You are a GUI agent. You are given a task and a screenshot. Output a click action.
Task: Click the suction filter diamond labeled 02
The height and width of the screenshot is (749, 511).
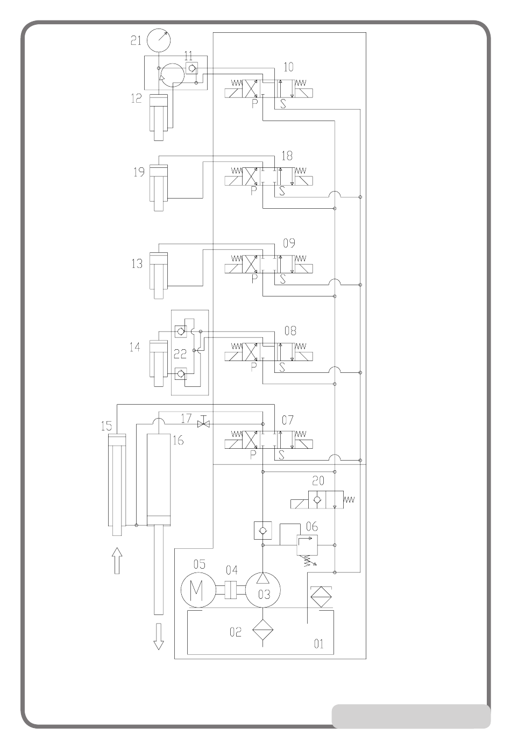coord(262,630)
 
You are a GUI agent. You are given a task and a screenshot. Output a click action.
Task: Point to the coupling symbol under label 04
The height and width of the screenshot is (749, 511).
coord(231,590)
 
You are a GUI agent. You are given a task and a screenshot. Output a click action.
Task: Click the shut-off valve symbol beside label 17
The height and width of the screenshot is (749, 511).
coord(203,424)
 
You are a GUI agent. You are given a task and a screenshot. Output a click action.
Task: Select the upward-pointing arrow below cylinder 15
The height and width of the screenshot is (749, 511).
coord(117,560)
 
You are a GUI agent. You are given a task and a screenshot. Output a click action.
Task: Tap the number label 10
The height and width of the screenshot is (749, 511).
coord(288,67)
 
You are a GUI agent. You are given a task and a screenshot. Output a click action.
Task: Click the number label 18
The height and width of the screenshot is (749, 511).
coord(287,156)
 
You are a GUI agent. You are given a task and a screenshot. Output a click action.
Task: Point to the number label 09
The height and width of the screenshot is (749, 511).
coord(289,243)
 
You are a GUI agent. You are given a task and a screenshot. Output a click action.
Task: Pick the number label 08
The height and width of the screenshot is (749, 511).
coord(290,331)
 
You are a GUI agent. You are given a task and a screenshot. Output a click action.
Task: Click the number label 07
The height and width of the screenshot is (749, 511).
coord(288,420)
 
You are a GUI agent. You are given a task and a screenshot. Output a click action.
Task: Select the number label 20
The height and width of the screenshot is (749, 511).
coord(318,481)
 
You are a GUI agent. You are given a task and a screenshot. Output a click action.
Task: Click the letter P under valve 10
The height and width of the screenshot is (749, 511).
coord(254,103)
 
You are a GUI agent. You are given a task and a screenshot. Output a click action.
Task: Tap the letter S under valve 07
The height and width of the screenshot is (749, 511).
coord(281,455)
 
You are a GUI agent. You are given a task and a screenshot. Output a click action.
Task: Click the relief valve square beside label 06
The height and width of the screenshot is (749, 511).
coord(307,545)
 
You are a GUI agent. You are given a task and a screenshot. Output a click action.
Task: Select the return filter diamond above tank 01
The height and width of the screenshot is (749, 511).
coord(321,597)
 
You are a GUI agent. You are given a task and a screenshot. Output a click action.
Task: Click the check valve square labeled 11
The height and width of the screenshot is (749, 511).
coord(191,68)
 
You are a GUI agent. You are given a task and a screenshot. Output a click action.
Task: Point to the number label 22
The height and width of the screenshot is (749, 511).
coord(180,354)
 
